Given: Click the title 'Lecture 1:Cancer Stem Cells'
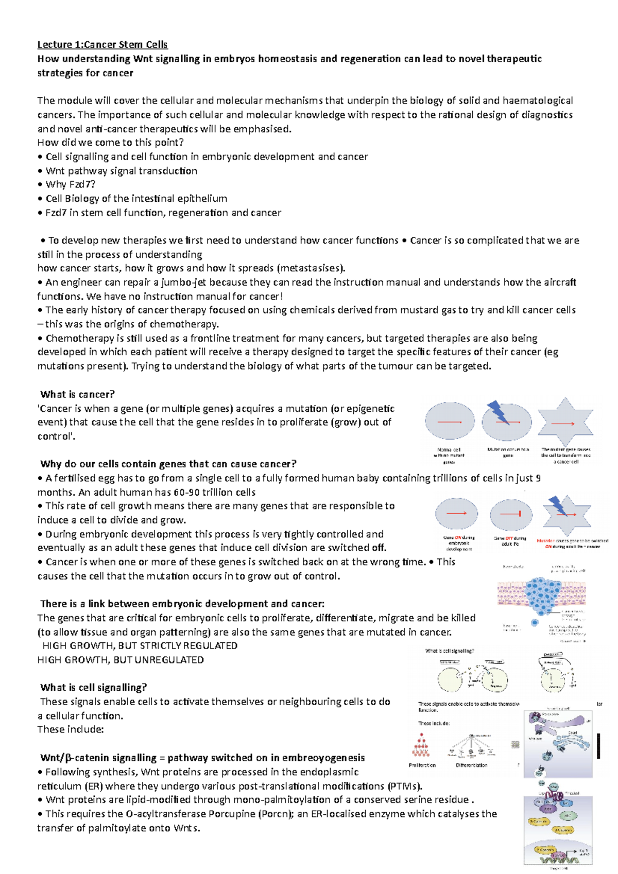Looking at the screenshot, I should (x=102, y=45).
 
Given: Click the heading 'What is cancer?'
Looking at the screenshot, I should (x=77, y=394).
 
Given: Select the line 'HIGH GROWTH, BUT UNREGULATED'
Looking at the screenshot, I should (x=121, y=660).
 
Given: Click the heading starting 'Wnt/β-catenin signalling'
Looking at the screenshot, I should (x=202, y=758).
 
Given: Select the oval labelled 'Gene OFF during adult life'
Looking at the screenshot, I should (x=510, y=514).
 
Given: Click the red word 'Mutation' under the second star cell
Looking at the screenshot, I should (x=545, y=541).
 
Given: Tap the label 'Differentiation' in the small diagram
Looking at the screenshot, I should (x=471, y=765).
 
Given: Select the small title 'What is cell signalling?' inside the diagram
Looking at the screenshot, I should (x=450, y=651).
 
